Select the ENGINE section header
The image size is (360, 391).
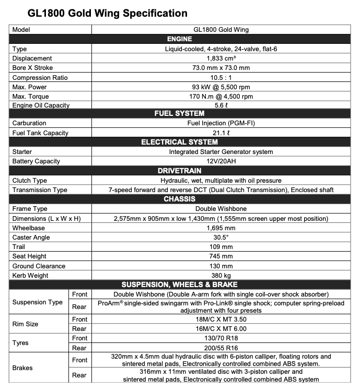pyautogui.click(x=179, y=39)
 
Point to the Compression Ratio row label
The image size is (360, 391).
pyautogui.click(x=40, y=78)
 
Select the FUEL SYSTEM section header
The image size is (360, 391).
pyautogui.click(x=179, y=114)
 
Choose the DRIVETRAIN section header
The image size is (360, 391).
pyautogui.click(x=179, y=171)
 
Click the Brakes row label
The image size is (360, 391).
pyautogui.click(x=22, y=368)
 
